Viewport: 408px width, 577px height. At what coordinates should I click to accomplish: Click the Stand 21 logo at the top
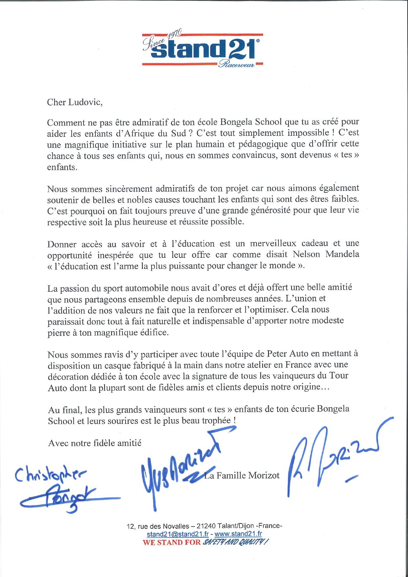203,49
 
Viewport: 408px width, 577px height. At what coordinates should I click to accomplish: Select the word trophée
216,421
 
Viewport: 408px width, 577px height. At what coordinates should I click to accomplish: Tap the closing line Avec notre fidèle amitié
95,443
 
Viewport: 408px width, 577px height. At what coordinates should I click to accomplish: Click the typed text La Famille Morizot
242,475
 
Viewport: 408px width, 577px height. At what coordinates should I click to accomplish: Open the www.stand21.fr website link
238,534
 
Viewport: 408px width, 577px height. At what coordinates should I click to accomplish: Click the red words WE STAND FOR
171,542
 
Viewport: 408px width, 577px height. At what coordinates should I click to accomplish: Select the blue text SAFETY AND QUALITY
235,542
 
